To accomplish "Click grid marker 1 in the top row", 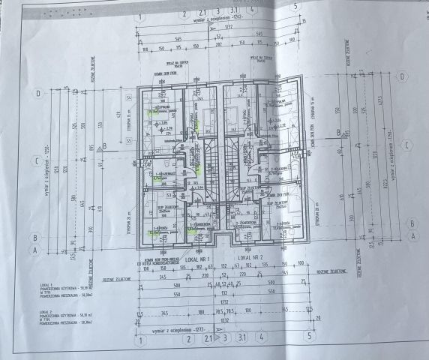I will (140, 14).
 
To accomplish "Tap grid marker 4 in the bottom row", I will (260, 338).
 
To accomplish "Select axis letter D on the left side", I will (37, 94).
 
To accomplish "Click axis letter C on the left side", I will (36, 160).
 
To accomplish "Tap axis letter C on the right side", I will (404, 145).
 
